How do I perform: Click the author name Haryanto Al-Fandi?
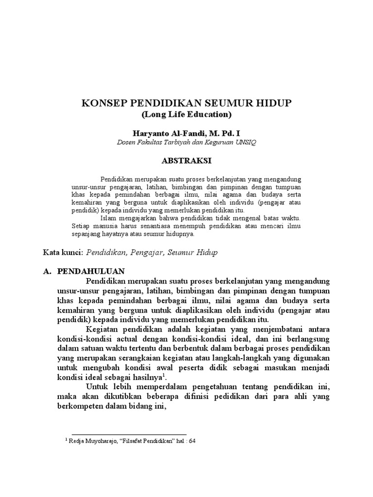point(166,133)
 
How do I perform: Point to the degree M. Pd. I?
point(221,133)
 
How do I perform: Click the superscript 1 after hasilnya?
point(164,376)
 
